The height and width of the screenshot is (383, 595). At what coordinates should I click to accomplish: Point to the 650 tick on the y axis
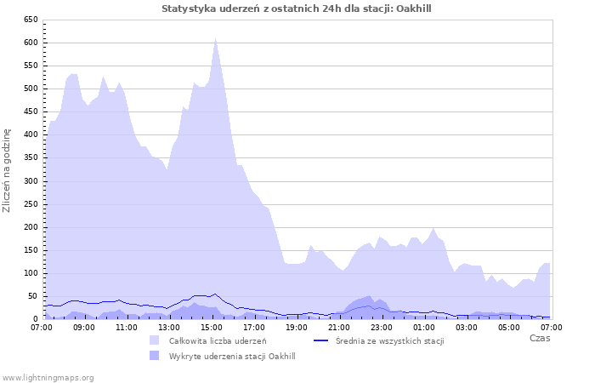coord(30,19)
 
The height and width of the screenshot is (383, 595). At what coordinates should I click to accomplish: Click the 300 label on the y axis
coord(30,180)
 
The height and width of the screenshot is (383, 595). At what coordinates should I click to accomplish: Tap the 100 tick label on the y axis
coord(30,273)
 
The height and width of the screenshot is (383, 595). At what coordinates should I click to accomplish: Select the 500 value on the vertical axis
coord(30,89)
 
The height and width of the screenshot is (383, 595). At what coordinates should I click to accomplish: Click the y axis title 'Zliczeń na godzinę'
coord(8,170)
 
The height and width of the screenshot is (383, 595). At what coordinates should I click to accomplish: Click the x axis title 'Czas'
coord(539,339)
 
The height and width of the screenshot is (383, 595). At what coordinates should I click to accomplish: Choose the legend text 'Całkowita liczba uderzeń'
coord(218,340)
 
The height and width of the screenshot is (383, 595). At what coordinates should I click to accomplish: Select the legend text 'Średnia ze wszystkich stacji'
coord(390,340)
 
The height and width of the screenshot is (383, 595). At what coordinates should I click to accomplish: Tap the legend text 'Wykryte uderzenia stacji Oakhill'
coord(232,356)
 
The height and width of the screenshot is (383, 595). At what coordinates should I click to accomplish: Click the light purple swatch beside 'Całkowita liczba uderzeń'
coord(154,340)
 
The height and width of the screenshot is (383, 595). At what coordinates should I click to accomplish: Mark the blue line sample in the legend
coord(321,340)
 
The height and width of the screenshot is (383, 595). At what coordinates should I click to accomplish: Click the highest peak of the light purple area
coord(216,37)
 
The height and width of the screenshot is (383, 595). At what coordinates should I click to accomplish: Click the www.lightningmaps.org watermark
coord(48,377)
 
